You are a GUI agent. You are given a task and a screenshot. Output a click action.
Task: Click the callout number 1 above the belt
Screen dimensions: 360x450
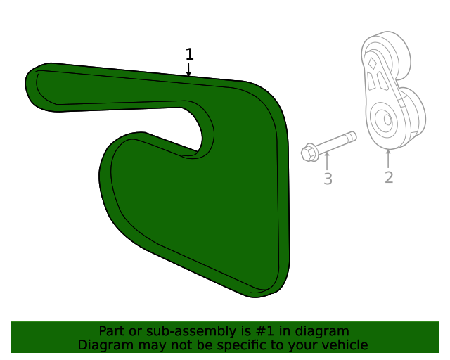pos(189,54)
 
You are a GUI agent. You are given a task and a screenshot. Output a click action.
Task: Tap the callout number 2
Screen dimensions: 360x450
pos(389,177)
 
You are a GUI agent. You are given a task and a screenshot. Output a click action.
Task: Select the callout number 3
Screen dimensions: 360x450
pos(328,179)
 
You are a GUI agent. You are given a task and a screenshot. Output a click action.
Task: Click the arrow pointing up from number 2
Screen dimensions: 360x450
pos(388,157)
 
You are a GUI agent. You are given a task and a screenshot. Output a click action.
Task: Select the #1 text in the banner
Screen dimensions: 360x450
pos(247,330)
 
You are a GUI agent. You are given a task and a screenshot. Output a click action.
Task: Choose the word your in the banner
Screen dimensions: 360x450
pos(304,345)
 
